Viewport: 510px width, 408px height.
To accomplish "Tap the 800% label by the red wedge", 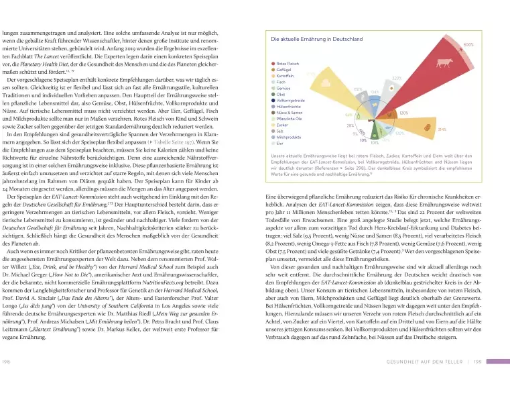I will pyautogui.click(x=468, y=45).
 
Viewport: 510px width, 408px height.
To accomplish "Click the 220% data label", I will pyautogui.click(x=397, y=79).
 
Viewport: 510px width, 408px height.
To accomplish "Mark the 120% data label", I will pyautogui.click(x=403, y=113).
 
